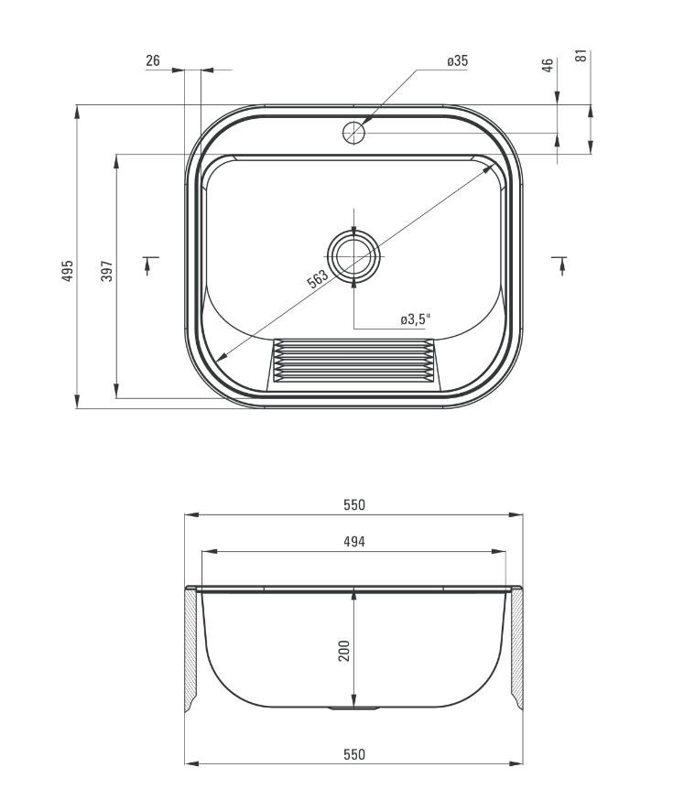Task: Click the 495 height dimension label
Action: coord(68,270)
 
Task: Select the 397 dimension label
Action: coord(107,270)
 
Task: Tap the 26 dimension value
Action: coord(153,60)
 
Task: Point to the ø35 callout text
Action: coord(457,61)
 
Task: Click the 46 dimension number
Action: coord(547,65)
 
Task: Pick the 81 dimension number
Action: coord(581,55)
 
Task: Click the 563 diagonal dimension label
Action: coord(318,278)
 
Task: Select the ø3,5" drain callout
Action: coord(416,319)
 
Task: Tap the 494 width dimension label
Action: coord(354,542)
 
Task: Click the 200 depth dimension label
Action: coord(344,651)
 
